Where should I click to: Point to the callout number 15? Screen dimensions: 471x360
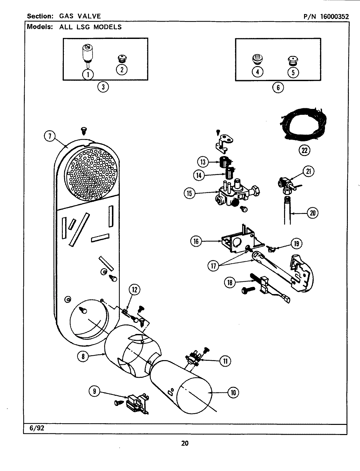pyautogui.click(x=189, y=193)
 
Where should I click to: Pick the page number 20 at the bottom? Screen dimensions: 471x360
pyautogui.click(x=185, y=443)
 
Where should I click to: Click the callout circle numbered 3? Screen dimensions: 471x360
pyautogui.click(x=103, y=87)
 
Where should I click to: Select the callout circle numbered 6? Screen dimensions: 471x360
pyautogui.click(x=278, y=87)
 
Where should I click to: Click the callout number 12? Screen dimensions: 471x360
pyautogui.click(x=135, y=289)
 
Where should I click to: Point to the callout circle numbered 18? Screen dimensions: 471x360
pyautogui.click(x=230, y=282)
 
